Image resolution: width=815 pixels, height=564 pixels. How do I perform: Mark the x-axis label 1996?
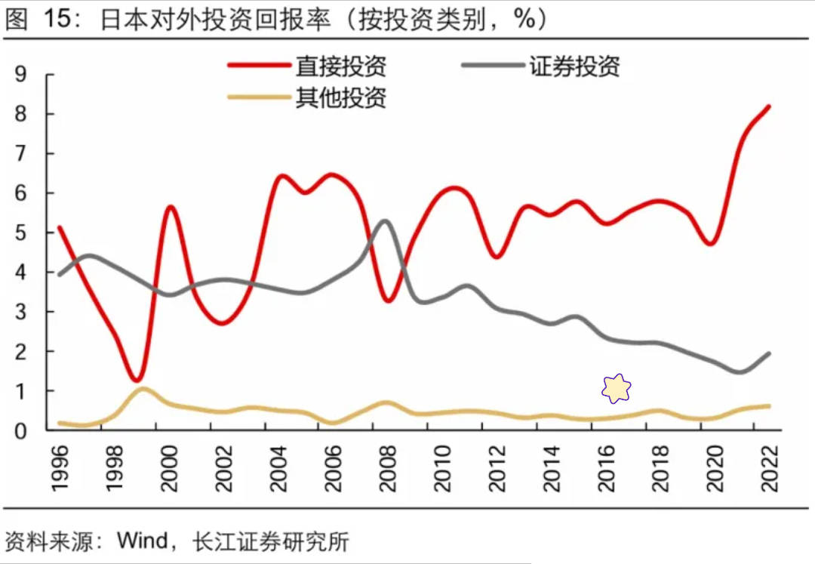click(x=60, y=468)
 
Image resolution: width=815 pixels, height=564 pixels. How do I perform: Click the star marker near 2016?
click(x=616, y=388)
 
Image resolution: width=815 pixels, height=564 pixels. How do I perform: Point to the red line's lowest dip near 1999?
click(x=136, y=379)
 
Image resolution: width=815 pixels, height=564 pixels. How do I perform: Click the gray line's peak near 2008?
click(x=384, y=220)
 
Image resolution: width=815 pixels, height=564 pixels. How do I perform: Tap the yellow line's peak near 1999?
click(x=142, y=389)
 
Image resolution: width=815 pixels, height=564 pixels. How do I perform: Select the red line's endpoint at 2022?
click(x=769, y=106)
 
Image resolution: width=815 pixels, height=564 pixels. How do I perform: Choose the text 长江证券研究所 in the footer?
click(x=271, y=541)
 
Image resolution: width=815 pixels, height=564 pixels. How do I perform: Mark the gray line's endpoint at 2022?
click(x=769, y=353)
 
